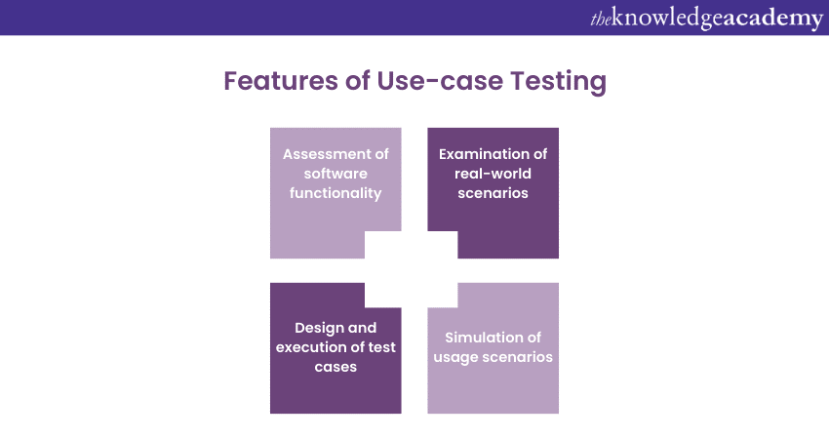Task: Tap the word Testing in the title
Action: [559, 81]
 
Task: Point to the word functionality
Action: [336, 193]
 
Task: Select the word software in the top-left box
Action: [336, 174]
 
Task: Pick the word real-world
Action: [493, 174]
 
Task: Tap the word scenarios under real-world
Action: [493, 193]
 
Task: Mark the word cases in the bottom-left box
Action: [336, 367]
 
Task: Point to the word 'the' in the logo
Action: [601, 19]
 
